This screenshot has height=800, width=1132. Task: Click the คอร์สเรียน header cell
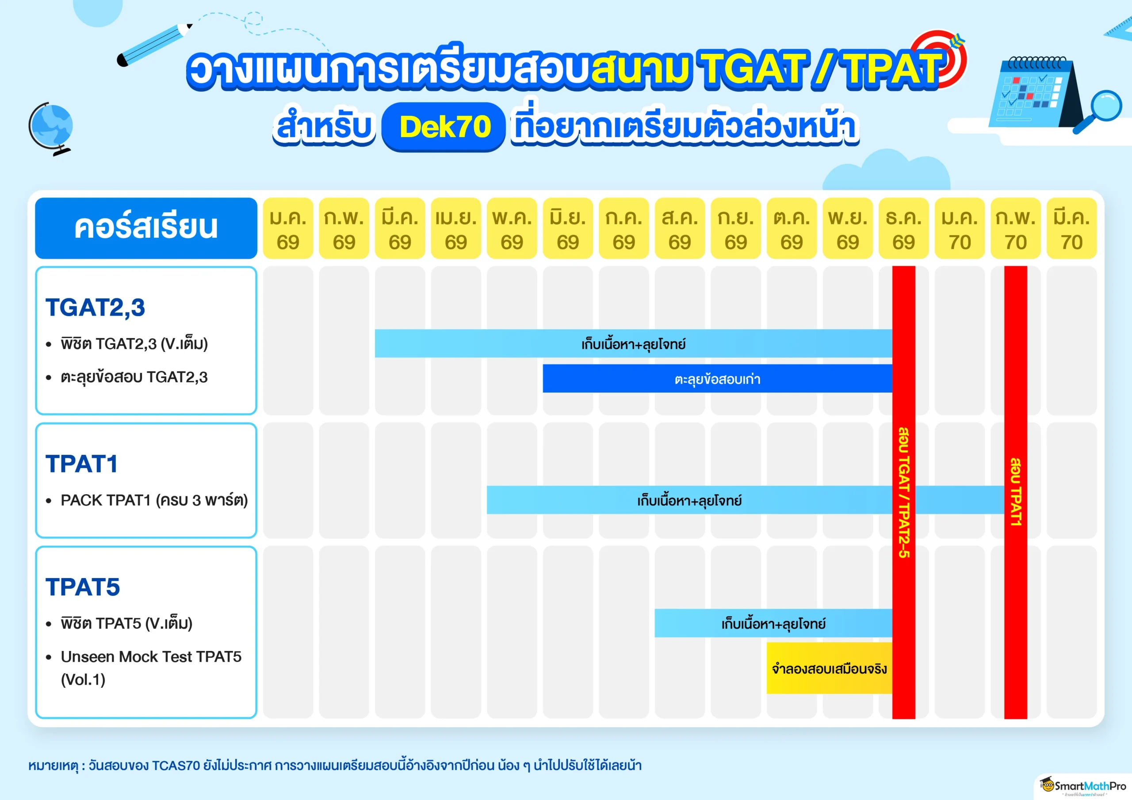[x=146, y=228]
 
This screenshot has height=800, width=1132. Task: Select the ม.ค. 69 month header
[x=288, y=228]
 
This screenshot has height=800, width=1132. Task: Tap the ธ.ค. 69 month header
[x=903, y=228]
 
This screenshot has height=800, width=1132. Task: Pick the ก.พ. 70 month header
[x=1016, y=228]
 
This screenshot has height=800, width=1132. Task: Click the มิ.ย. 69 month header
[x=567, y=228]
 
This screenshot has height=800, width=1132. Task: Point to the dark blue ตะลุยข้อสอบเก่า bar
[x=717, y=378]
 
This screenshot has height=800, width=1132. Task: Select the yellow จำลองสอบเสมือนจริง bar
[x=829, y=668]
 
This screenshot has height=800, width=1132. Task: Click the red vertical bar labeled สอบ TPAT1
[x=1016, y=492]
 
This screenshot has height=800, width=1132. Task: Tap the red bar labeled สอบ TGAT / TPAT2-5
[x=904, y=492]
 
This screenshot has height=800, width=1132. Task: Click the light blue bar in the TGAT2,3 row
[x=634, y=343]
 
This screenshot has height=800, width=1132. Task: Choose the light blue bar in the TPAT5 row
[x=773, y=623]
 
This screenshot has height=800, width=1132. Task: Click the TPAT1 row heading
[x=82, y=464]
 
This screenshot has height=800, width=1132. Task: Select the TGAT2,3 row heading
[x=95, y=308]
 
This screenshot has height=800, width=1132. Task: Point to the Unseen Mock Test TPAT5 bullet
[x=151, y=668]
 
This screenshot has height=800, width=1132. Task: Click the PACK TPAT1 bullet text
[x=154, y=500]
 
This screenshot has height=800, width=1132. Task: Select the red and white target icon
[x=940, y=59]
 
